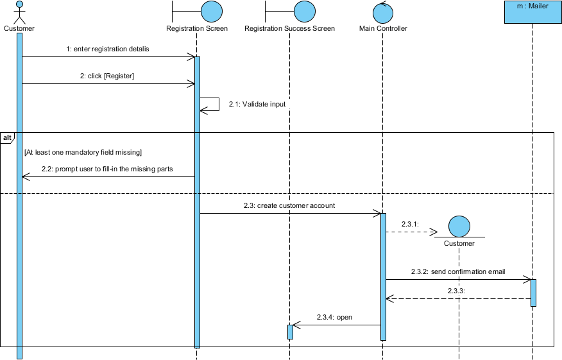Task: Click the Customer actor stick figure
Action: click(x=19, y=12)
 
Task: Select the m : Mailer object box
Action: click(x=532, y=12)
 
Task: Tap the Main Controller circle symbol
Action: click(x=383, y=12)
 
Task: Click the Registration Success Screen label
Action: click(x=289, y=28)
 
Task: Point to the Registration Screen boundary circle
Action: click(x=212, y=12)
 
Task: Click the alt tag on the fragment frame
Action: click(x=7, y=138)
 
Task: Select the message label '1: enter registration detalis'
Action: click(x=108, y=49)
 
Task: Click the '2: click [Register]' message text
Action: click(x=107, y=76)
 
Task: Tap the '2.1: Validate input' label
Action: click(x=257, y=105)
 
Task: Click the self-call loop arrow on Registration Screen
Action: click(x=219, y=104)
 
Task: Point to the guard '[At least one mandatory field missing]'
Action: click(x=83, y=152)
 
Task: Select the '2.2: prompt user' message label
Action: click(x=107, y=169)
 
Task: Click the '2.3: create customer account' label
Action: click(x=289, y=205)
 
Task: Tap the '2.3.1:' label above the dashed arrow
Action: click(x=410, y=224)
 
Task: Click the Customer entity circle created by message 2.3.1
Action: click(x=459, y=227)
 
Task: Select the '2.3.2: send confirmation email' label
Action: click(x=458, y=271)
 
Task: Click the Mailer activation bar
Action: click(x=533, y=293)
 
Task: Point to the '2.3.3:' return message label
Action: click(x=456, y=291)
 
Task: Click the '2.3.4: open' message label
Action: click(x=334, y=317)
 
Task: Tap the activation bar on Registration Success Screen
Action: click(x=291, y=332)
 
